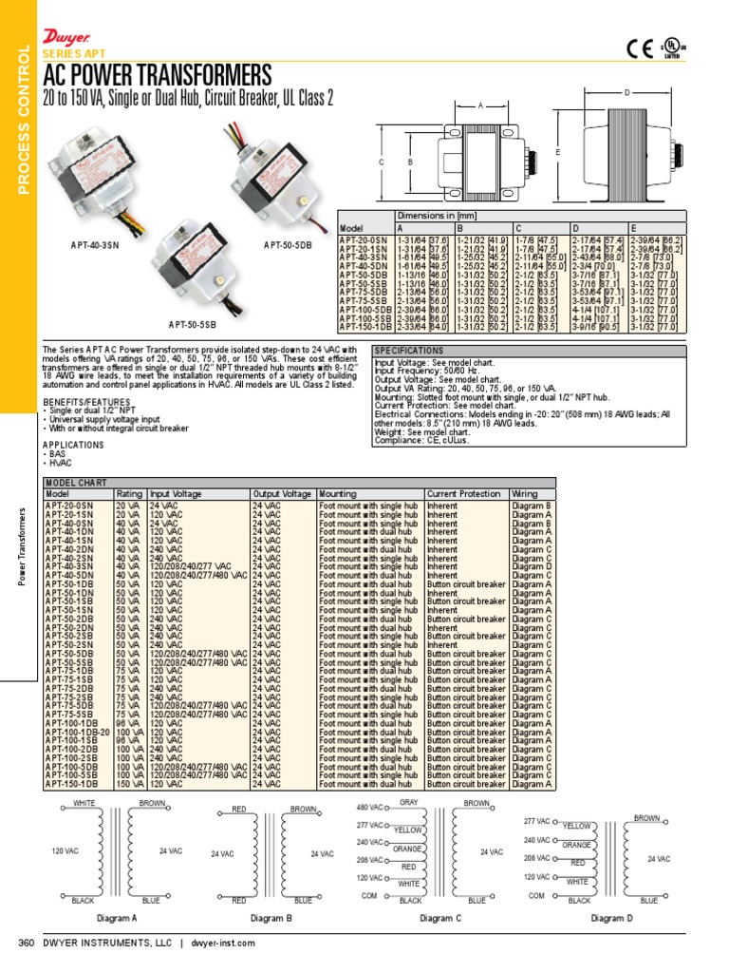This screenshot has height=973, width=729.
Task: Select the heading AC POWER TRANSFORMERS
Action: point(158,75)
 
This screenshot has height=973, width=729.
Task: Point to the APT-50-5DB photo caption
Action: point(289,245)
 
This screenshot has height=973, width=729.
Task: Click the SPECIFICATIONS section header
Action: point(409,351)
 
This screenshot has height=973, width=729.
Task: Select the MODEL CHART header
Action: point(75,483)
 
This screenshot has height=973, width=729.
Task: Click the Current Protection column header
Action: point(465,494)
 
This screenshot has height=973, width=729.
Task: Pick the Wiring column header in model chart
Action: point(524,494)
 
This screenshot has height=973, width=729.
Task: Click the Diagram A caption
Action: point(117,919)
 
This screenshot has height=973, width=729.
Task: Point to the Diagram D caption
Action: point(610,918)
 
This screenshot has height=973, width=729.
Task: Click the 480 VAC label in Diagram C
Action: point(368,808)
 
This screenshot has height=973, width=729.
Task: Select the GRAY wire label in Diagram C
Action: point(409,803)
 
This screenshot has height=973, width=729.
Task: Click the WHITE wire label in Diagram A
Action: point(85,804)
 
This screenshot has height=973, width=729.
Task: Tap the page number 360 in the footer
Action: point(27,943)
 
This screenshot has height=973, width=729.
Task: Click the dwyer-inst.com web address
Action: point(223,943)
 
